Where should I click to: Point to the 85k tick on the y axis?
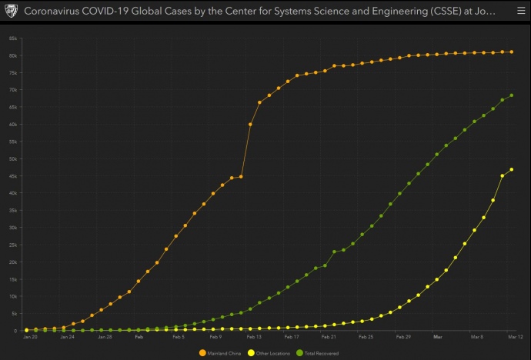pyautogui.click(x=14, y=38)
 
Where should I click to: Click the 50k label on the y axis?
pyautogui.click(x=14, y=158)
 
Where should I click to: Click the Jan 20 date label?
pyautogui.click(x=30, y=337)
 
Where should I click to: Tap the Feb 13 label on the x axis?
pyautogui.click(x=253, y=337)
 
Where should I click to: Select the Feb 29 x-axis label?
pyautogui.click(x=402, y=337)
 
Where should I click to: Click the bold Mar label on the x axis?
pyautogui.click(x=437, y=337)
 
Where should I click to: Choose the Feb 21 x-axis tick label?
pyautogui.click(x=328, y=337)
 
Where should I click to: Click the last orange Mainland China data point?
pyautogui.click(x=512, y=52)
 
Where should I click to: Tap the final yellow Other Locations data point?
pyautogui.click(x=512, y=169)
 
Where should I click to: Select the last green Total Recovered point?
pyautogui.click(x=512, y=95)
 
